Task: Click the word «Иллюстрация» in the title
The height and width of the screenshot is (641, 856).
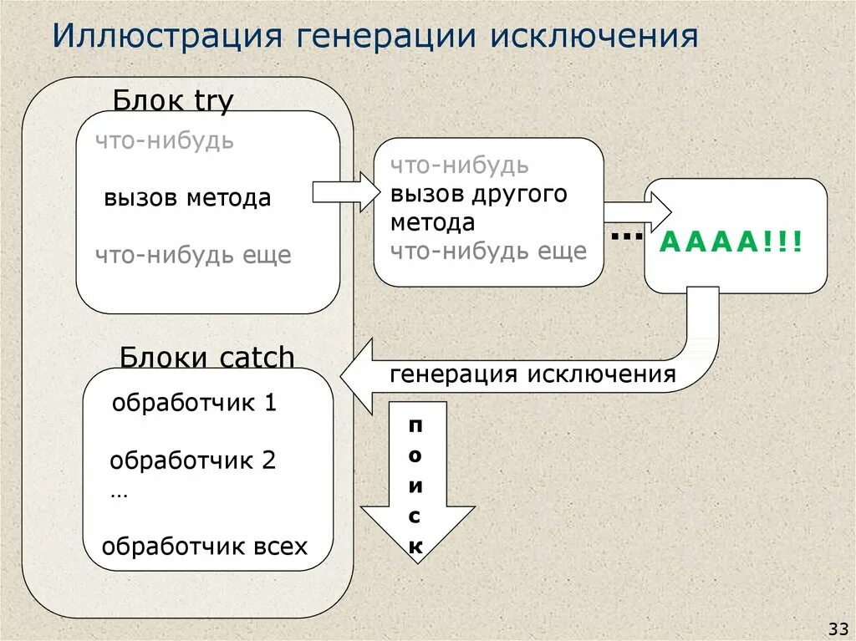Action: (164, 37)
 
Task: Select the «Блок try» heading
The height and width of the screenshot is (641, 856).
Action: (173, 101)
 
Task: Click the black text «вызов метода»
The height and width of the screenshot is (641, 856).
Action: (187, 198)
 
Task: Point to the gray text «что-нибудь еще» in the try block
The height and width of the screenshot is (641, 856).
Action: (192, 254)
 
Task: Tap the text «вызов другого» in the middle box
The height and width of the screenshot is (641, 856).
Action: (478, 194)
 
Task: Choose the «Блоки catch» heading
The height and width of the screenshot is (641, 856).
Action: (207, 358)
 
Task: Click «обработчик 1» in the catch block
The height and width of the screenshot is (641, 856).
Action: (193, 403)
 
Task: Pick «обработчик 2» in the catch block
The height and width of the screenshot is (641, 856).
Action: (192, 460)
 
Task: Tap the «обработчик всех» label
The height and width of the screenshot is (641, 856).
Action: (205, 547)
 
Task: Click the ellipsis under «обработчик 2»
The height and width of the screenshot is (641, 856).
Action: (119, 494)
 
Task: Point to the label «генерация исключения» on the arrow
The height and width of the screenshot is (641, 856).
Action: (532, 374)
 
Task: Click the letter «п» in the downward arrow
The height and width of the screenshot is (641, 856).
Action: (415, 425)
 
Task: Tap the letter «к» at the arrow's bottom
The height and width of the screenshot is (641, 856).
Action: (415, 547)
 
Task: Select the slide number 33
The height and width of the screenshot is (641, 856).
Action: (838, 628)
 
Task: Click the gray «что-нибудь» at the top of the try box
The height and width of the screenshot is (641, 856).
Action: (164, 140)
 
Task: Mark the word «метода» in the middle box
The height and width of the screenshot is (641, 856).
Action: (432, 222)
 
